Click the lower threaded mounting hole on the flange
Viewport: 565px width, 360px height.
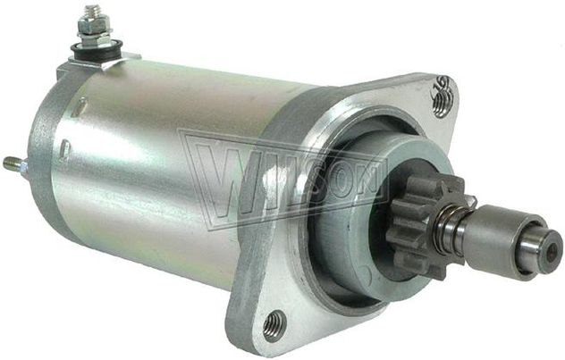(274, 322)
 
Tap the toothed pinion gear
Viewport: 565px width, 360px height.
(426, 226)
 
